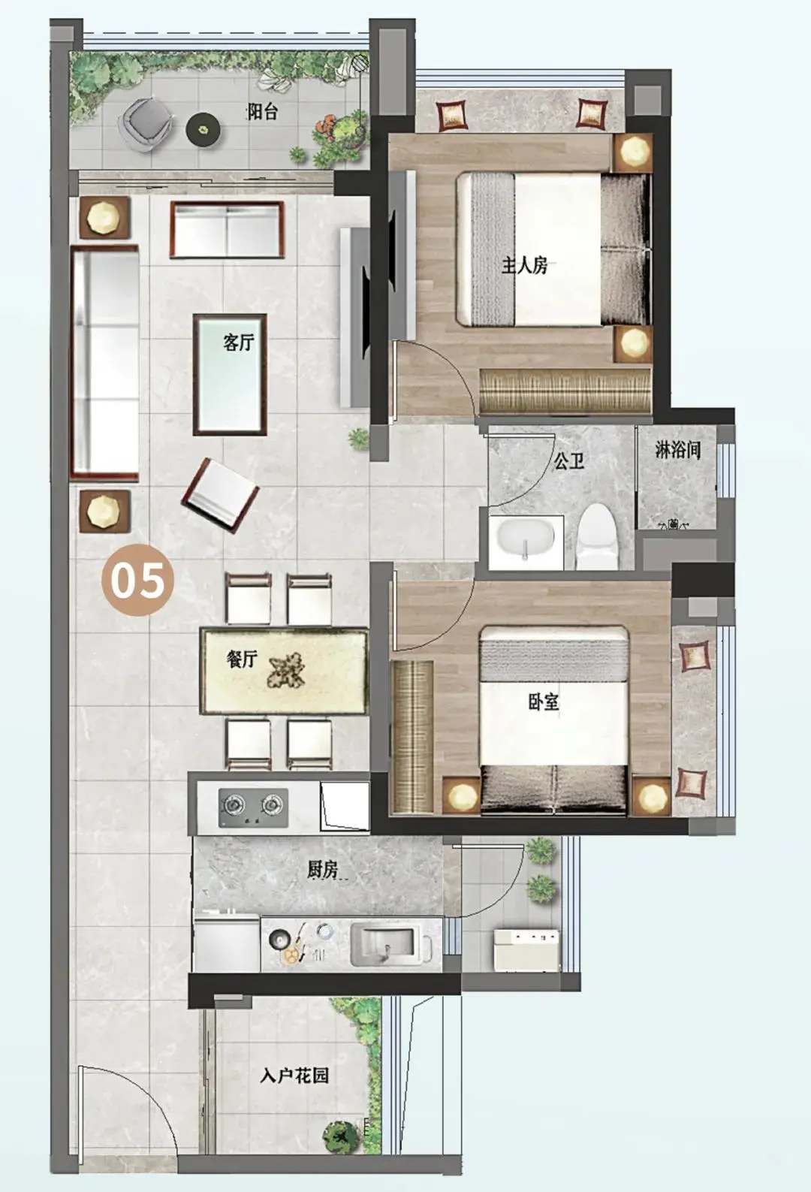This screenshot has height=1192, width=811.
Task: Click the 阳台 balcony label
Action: (262, 112)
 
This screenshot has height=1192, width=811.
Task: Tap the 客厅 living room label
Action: (238, 343)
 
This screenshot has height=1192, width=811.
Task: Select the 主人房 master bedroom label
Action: (525, 265)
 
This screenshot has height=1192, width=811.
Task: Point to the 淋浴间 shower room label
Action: (677, 450)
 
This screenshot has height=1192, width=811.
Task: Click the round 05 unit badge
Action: (138, 580)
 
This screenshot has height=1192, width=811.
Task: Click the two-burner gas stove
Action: (253, 807)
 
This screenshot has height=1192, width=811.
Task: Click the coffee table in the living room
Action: (230, 375)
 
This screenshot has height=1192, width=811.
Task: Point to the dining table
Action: (284, 671)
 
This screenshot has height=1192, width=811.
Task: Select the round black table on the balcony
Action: (204, 128)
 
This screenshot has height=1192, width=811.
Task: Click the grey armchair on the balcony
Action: (145, 125)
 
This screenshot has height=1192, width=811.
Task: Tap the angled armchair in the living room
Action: (220, 493)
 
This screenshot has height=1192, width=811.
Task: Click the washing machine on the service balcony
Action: (526, 948)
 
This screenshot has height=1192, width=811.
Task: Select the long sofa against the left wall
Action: (105, 364)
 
